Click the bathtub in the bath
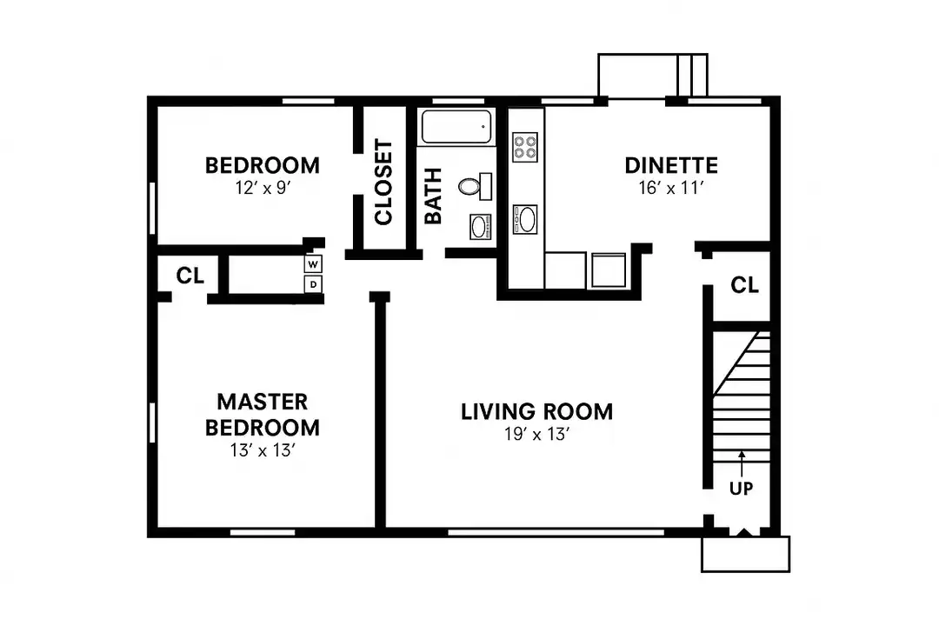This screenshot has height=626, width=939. click(x=456, y=127)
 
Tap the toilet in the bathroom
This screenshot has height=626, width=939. click(x=476, y=186)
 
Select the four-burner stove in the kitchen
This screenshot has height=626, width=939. click(x=525, y=147)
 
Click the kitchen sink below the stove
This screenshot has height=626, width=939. click(x=525, y=219)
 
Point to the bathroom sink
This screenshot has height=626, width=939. click(x=480, y=227)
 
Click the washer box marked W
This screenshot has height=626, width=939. click(x=313, y=264)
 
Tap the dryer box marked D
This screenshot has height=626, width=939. click(x=313, y=284)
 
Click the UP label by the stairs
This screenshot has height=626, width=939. click(x=742, y=489)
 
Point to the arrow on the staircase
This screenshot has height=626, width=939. click(x=742, y=463)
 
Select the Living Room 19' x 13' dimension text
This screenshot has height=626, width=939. click(x=536, y=435)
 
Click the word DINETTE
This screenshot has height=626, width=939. click(x=671, y=165)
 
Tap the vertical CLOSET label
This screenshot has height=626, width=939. click(x=383, y=182)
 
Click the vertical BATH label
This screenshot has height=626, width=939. click(x=433, y=196)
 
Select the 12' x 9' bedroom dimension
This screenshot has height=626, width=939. click(x=263, y=188)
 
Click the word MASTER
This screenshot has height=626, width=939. click(x=263, y=402)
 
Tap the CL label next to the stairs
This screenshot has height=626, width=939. click(x=744, y=285)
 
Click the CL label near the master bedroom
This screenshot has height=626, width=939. click(x=190, y=276)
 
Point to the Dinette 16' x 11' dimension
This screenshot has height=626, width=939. click(x=670, y=188)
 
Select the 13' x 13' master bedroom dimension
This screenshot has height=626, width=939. click(x=263, y=450)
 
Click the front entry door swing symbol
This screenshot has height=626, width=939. click(x=744, y=531)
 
